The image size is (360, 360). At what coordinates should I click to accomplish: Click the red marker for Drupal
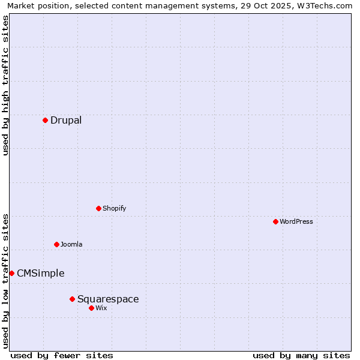(x=45, y=120)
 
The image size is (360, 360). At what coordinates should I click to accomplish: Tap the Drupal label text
(x=66, y=120)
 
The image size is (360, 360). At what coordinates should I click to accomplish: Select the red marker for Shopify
(x=98, y=208)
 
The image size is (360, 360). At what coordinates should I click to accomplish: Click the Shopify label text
(x=114, y=208)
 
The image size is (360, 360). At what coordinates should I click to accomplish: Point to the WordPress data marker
(x=275, y=221)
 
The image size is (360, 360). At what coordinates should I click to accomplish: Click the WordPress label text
(x=296, y=221)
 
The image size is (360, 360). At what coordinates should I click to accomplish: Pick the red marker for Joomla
(x=56, y=244)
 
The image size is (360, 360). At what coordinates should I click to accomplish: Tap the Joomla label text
(x=71, y=244)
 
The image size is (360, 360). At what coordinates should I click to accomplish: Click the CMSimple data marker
(x=11, y=273)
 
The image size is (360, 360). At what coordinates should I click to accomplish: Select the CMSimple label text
(x=40, y=274)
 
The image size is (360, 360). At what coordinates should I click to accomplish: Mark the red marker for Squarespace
(x=72, y=299)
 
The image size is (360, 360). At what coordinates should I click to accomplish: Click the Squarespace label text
(x=108, y=299)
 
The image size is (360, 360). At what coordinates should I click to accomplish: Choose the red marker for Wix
(x=91, y=308)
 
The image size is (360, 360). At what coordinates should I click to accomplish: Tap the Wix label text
(x=101, y=308)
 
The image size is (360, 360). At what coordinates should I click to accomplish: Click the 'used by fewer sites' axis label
(x=62, y=355)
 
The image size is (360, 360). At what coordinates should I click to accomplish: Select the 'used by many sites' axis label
(x=301, y=355)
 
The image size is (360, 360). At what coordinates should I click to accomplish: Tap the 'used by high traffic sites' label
(x=5, y=85)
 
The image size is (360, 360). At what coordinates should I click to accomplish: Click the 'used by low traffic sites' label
(x=5, y=281)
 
